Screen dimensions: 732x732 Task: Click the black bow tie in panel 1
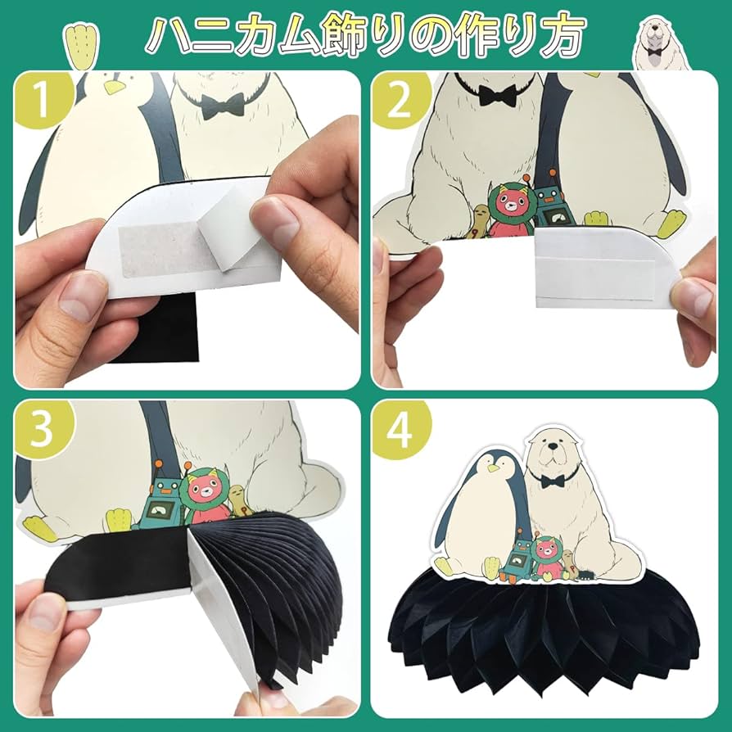coord(224,106)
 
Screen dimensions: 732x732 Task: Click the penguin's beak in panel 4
coord(494,468)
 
